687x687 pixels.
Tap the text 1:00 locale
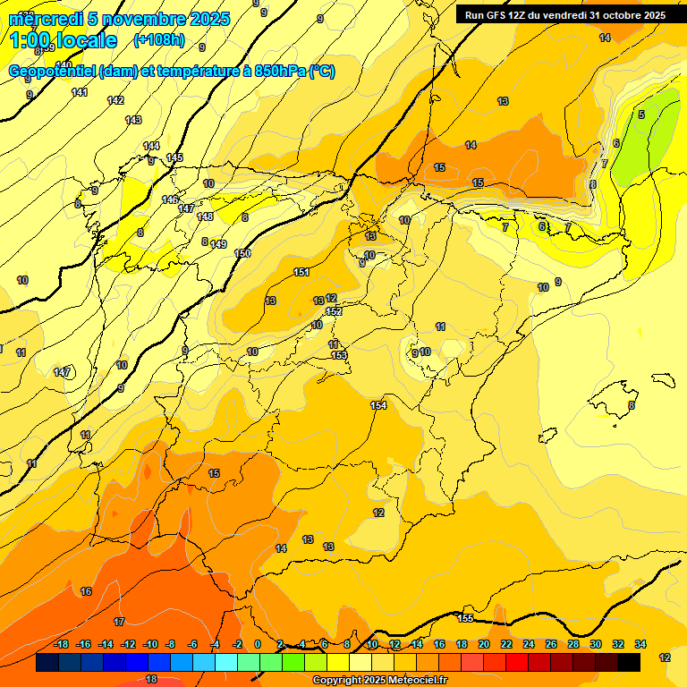(64, 40)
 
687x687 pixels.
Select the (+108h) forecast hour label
(158, 40)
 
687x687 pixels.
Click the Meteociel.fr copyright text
(379, 681)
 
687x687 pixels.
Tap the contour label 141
(80, 92)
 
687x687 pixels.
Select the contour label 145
(174, 157)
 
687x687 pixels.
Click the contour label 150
(242, 253)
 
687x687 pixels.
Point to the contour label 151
(301, 272)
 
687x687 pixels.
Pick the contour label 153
(339, 355)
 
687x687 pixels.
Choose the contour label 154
(378, 405)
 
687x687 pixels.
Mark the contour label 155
(465, 618)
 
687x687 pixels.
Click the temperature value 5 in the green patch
(640, 114)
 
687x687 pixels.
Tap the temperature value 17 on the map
(119, 621)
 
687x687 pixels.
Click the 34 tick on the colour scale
(640, 644)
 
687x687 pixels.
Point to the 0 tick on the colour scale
(258, 644)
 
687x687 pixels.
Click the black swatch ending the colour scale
(628, 662)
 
